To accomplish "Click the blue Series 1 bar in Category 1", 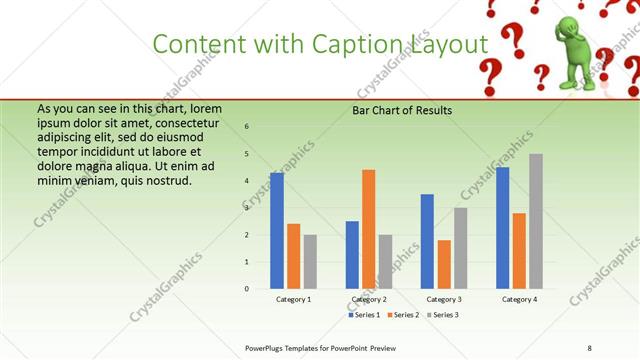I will (x=276, y=230).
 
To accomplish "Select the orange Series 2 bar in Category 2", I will (x=368, y=229).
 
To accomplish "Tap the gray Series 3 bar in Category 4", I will (x=536, y=221).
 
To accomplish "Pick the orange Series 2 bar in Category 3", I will (x=444, y=264).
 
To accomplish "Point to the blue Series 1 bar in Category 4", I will (x=502, y=228).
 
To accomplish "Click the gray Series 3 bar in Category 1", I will (x=310, y=262).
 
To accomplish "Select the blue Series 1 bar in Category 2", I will (x=352, y=255).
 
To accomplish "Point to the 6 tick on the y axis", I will (x=247, y=126).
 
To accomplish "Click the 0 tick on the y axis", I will (x=247, y=289).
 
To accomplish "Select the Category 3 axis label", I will (x=443, y=299).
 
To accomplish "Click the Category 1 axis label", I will (x=293, y=299).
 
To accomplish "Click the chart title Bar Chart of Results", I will (x=402, y=110).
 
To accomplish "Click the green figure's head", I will (x=570, y=25).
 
